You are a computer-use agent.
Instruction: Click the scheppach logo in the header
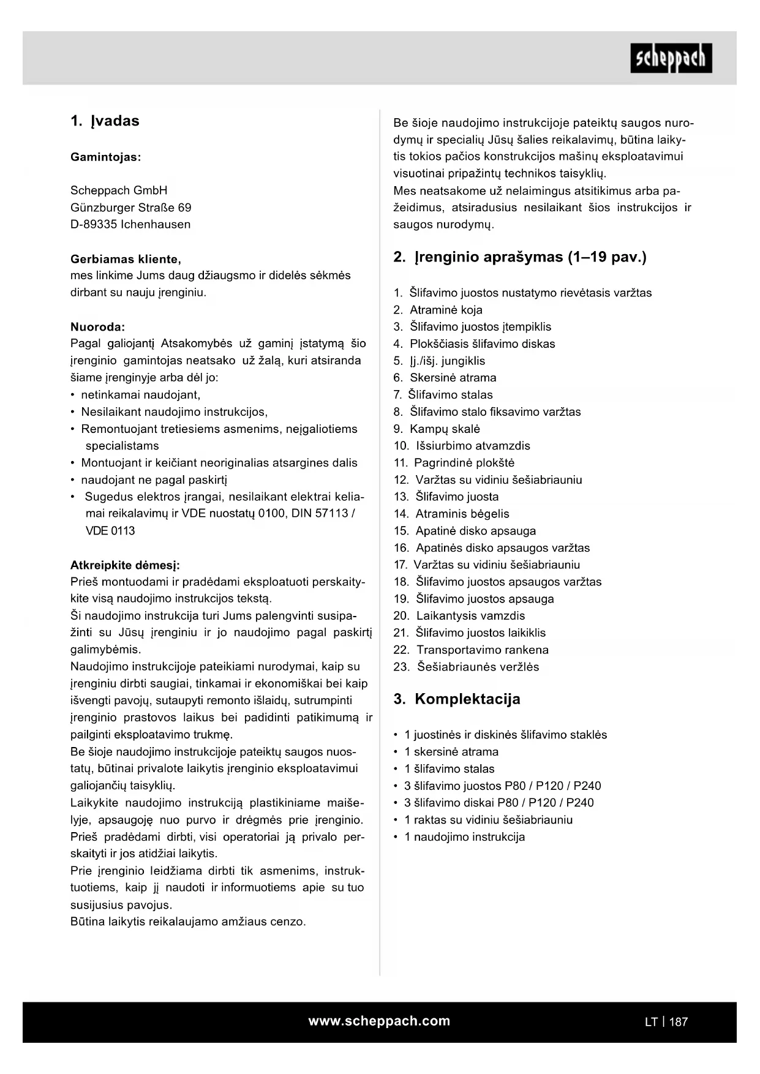(x=671, y=58)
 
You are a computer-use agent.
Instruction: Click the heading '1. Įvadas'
(x=105, y=121)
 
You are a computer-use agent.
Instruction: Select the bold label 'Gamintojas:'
(x=105, y=157)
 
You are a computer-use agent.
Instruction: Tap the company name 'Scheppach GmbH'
(x=119, y=190)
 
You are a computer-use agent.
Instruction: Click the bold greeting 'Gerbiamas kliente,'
(x=126, y=259)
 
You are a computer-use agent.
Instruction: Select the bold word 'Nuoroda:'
(x=97, y=326)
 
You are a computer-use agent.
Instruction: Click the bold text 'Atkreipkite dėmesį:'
(x=125, y=565)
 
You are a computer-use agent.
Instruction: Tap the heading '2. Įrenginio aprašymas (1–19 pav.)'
(x=520, y=257)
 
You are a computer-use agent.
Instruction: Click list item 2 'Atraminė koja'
(x=446, y=310)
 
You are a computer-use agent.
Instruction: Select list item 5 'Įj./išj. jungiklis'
(x=447, y=361)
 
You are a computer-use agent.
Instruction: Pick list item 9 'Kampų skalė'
(x=445, y=429)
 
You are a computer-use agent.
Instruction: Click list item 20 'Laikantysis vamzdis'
(x=470, y=615)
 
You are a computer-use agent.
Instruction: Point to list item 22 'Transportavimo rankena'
(x=483, y=650)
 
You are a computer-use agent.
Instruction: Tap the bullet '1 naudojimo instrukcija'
(x=464, y=836)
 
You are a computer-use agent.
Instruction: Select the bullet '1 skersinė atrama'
(x=451, y=751)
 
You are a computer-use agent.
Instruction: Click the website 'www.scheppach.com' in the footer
(x=379, y=1021)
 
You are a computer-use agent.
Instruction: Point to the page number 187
(x=679, y=1022)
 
